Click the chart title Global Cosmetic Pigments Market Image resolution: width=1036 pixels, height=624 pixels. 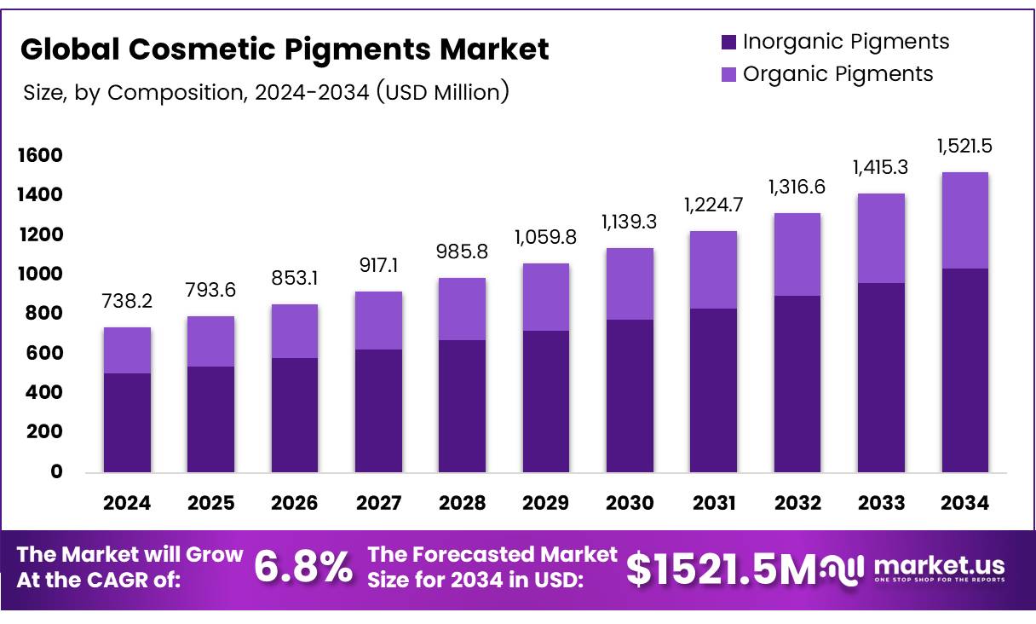(x=285, y=49)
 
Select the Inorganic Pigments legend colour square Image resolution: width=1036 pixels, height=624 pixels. (x=728, y=42)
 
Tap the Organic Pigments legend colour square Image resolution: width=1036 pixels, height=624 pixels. (x=728, y=74)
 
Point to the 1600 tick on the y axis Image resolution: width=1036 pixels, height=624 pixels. (x=38, y=155)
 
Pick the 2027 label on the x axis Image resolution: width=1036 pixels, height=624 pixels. (x=377, y=503)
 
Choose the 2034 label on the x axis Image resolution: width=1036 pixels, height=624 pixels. (x=964, y=503)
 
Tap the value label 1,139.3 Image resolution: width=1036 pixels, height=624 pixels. (x=630, y=222)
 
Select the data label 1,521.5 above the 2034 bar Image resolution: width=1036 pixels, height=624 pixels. (x=964, y=146)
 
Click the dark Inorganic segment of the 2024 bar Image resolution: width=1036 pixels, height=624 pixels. (x=127, y=422)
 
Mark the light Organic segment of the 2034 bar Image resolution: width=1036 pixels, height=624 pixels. (x=964, y=220)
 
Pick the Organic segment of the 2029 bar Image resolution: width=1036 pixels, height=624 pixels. (x=545, y=297)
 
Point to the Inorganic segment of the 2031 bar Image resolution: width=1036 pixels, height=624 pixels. (x=713, y=390)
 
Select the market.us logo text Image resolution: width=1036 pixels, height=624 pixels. (x=939, y=565)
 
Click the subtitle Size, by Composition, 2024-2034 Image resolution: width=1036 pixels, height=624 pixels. (x=265, y=92)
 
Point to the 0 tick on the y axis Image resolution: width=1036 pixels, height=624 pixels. (x=56, y=471)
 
